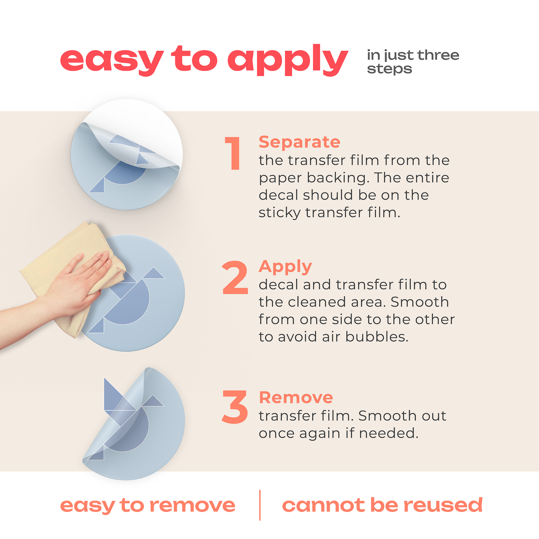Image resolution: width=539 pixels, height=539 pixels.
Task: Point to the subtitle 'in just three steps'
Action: pyautogui.click(x=413, y=62)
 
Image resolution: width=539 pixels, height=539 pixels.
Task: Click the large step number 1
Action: pyautogui.click(x=234, y=154)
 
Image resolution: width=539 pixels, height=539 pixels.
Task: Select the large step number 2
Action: pyautogui.click(x=235, y=278)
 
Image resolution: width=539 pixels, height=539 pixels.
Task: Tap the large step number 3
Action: pyautogui.click(x=235, y=407)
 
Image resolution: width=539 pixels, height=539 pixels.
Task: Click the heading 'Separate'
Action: pyautogui.click(x=299, y=142)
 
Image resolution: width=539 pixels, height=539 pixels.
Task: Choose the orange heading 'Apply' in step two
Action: pyautogui.click(x=285, y=267)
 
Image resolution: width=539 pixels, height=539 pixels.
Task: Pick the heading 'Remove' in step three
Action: pyautogui.click(x=295, y=398)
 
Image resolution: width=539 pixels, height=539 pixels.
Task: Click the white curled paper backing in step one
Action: pyautogui.click(x=149, y=127)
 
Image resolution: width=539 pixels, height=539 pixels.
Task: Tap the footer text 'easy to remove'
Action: pyautogui.click(x=147, y=505)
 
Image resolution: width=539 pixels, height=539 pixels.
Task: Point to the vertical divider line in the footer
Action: pyautogui.click(x=260, y=505)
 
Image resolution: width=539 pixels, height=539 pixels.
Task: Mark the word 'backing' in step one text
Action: pyautogui.click(x=336, y=178)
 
